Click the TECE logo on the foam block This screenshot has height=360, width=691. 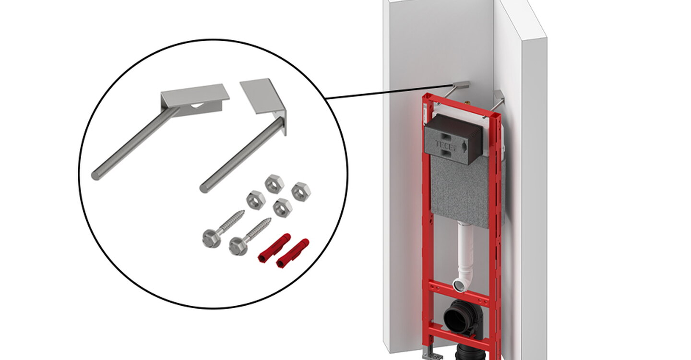tap(445, 145)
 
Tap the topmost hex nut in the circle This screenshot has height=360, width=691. tap(274, 184)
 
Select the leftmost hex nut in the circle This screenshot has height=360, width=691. tap(256, 200)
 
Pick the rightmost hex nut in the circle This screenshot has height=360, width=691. tap(301, 192)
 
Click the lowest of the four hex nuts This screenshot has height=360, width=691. tap(282, 208)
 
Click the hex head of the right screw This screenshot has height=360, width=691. tap(238, 246)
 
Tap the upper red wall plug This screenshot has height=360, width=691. tap(274, 248)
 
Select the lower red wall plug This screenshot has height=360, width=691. tap(292, 253)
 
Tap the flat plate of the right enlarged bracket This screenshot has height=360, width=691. tap(259, 96)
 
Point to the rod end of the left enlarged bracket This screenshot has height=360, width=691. tap(96, 176)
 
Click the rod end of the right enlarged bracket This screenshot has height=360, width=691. tap(204, 188)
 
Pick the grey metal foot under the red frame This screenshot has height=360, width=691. tap(432, 353)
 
